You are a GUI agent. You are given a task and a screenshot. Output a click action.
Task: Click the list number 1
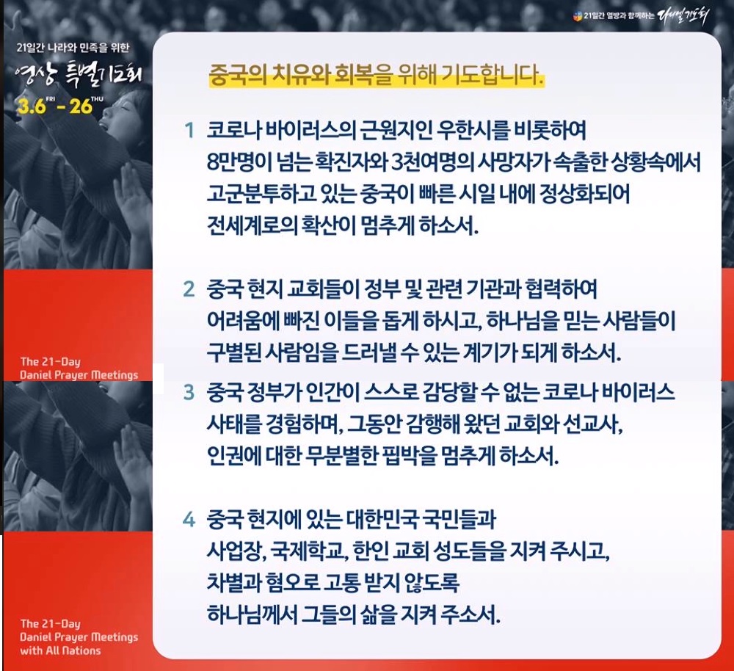click(x=189, y=131)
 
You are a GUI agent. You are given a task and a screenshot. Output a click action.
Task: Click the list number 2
click(x=189, y=289)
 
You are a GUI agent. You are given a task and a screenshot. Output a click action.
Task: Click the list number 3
click(x=189, y=392)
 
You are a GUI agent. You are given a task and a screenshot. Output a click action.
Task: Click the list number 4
click(x=189, y=519)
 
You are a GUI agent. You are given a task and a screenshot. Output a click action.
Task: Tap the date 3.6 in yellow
click(x=32, y=107)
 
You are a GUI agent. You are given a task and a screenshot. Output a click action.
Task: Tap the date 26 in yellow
click(x=81, y=106)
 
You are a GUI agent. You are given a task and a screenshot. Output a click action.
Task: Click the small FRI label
click(x=51, y=99)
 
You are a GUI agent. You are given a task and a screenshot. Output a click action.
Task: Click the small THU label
click(x=98, y=99)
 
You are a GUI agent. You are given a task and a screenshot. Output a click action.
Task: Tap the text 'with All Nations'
click(x=60, y=650)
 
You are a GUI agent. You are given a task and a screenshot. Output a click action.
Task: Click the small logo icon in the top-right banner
click(x=578, y=17)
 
